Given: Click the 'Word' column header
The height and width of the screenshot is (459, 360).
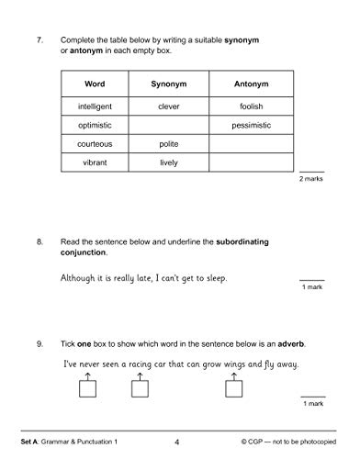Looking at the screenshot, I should pyautogui.click(x=94, y=84).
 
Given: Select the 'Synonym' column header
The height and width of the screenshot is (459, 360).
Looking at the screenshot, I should pyautogui.click(x=168, y=84).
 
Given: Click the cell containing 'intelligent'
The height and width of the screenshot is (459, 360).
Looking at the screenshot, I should pyautogui.click(x=94, y=106).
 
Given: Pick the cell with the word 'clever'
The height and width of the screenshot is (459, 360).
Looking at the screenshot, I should pyautogui.click(x=168, y=106).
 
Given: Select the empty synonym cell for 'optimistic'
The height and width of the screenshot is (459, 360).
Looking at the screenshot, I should pyautogui.click(x=168, y=124).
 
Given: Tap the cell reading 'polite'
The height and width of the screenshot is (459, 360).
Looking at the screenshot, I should pyautogui.click(x=168, y=143).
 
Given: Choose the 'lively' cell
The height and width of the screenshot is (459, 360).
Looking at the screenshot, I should pyautogui.click(x=168, y=162).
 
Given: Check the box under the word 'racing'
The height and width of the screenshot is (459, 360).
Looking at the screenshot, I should pyautogui.click(x=141, y=388).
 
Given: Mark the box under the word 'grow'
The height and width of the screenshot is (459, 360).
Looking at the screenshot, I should pyautogui.click(x=233, y=388).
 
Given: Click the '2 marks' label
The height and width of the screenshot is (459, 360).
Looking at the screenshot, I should pyautogui.click(x=311, y=178).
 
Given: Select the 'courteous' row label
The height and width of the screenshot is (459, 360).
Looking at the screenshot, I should pyautogui.click(x=94, y=143).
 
